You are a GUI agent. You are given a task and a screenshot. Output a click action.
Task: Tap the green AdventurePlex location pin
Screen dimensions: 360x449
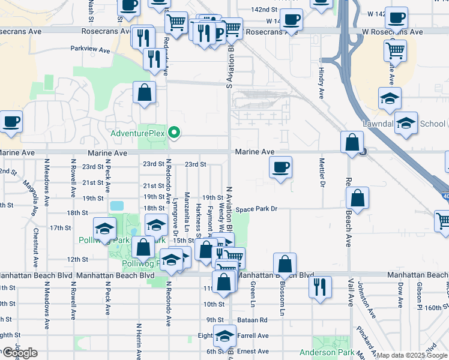(x=174, y=132)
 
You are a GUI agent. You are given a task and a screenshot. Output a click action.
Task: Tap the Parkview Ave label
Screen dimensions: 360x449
(x=90, y=50)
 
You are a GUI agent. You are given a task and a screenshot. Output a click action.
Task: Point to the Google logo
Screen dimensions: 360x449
(x=19, y=353)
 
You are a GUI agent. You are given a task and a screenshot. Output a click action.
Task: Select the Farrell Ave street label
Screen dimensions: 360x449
(x=252, y=336)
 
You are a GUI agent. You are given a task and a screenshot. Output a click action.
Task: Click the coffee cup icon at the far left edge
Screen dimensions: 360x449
(x=11, y=122)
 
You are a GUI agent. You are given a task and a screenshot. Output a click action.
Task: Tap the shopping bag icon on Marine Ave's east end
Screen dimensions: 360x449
(x=352, y=142)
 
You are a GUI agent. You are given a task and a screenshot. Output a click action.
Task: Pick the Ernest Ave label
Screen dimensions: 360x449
(x=252, y=351)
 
